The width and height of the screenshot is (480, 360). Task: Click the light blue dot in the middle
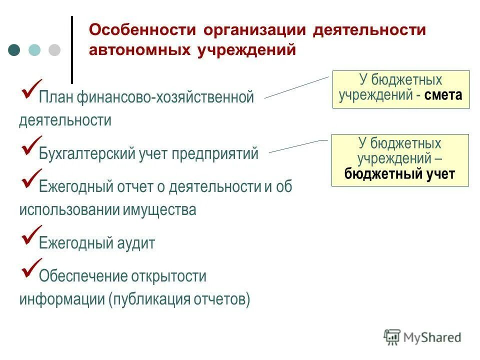point(34,50)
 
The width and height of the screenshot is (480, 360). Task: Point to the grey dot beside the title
point(54,50)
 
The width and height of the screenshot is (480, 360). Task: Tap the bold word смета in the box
point(443,95)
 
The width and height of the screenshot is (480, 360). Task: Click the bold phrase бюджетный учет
point(399,174)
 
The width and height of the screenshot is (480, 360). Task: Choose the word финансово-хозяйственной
point(165,97)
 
